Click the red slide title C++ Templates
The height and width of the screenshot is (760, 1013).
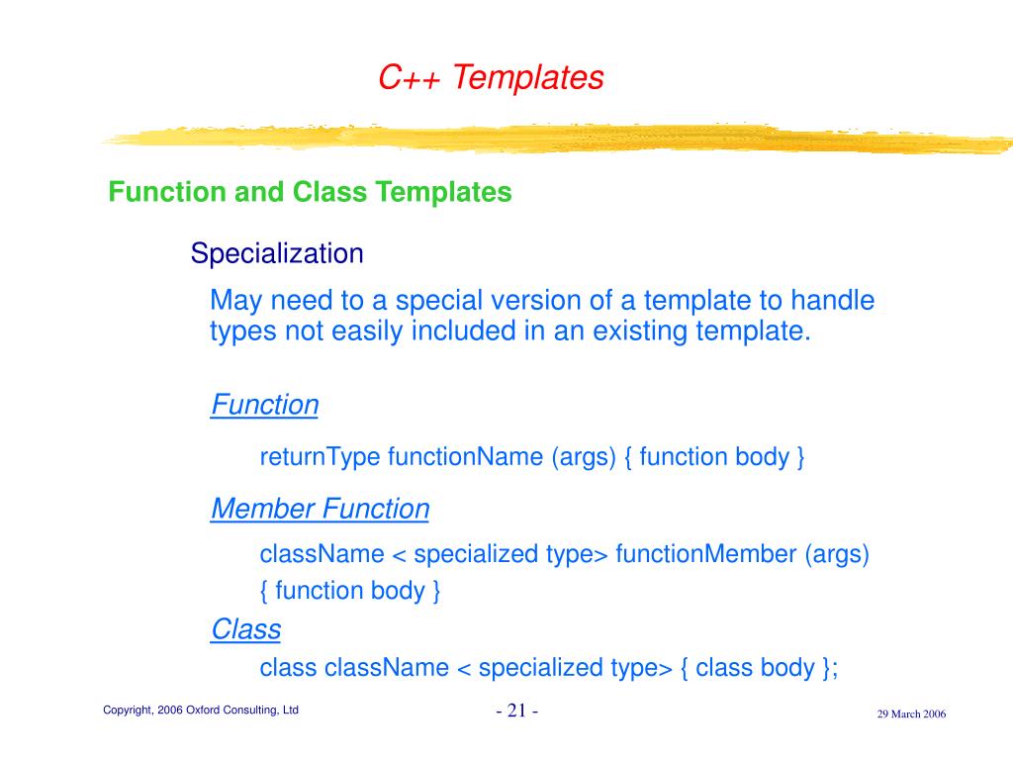tap(491, 77)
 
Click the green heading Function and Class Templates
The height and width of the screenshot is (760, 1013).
tap(310, 192)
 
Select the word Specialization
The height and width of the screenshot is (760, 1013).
tap(277, 253)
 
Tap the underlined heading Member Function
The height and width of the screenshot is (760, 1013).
tap(321, 509)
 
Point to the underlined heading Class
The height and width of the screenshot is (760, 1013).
tap(246, 629)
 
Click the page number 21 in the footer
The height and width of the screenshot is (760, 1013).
tap(516, 711)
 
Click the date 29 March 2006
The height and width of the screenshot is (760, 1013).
tap(911, 714)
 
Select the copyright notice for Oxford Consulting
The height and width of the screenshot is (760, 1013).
tap(201, 710)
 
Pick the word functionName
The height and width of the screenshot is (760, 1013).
tap(465, 457)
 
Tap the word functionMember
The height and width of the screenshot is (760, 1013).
tap(706, 554)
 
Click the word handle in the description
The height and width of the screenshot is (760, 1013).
tap(833, 301)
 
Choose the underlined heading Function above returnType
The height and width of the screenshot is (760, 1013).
tap(265, 405)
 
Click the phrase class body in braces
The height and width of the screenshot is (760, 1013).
tap(755, 668)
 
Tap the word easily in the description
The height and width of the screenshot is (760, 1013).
tap(367, 332)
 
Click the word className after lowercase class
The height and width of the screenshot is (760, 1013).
tap(387, 668)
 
